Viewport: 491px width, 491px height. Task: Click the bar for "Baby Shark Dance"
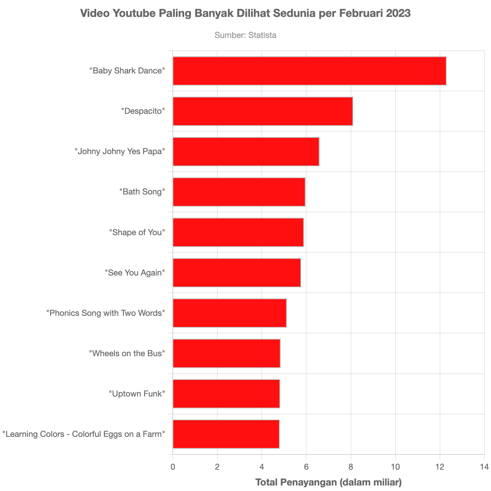click(x=309, y=71)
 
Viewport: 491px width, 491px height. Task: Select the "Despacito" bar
click(x=263, y=111)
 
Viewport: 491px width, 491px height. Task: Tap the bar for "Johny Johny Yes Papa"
click(x=246, y=151)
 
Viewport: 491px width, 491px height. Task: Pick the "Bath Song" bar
click(x=239, y=192)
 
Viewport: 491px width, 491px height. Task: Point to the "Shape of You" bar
click(x=238, y=232)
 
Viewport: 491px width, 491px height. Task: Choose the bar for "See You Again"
click(x=237, y=272)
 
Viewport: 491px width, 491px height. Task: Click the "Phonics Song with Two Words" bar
click(x=230, y=313)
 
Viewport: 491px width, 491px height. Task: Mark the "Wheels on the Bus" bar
click(x=227, y=353)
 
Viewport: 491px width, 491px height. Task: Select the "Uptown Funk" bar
click(x=226, y=393)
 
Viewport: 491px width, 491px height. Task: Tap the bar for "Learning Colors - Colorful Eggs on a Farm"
click(x=226, y=434)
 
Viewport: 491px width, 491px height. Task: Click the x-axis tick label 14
click(x=484, y=467)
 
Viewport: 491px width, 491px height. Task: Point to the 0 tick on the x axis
click(x=173, y=467)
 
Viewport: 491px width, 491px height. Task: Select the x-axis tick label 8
click(x=351, y=467)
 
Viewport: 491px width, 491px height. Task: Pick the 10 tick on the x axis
click(x=395, y=467)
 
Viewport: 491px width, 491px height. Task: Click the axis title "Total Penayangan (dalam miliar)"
click(x=328, y=482)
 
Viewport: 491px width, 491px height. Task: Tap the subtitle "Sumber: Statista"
click(x=245, y=35)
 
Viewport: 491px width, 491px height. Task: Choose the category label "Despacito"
click(x=143, y=111)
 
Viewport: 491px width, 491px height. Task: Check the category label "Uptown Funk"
click(x=137, y=393)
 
